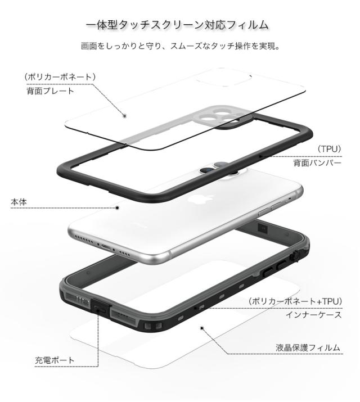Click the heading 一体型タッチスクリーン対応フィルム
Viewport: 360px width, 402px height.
180,25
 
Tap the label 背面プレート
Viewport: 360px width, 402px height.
49,90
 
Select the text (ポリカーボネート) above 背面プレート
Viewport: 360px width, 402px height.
60,76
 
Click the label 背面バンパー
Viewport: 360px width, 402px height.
317,163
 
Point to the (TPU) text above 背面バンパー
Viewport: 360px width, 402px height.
328,148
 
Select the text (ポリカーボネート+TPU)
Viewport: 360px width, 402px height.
294,302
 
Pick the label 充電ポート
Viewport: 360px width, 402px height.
55,360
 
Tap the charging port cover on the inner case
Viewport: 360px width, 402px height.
101,307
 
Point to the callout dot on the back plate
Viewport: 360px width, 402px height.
125,116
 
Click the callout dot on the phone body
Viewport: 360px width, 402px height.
118,207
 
